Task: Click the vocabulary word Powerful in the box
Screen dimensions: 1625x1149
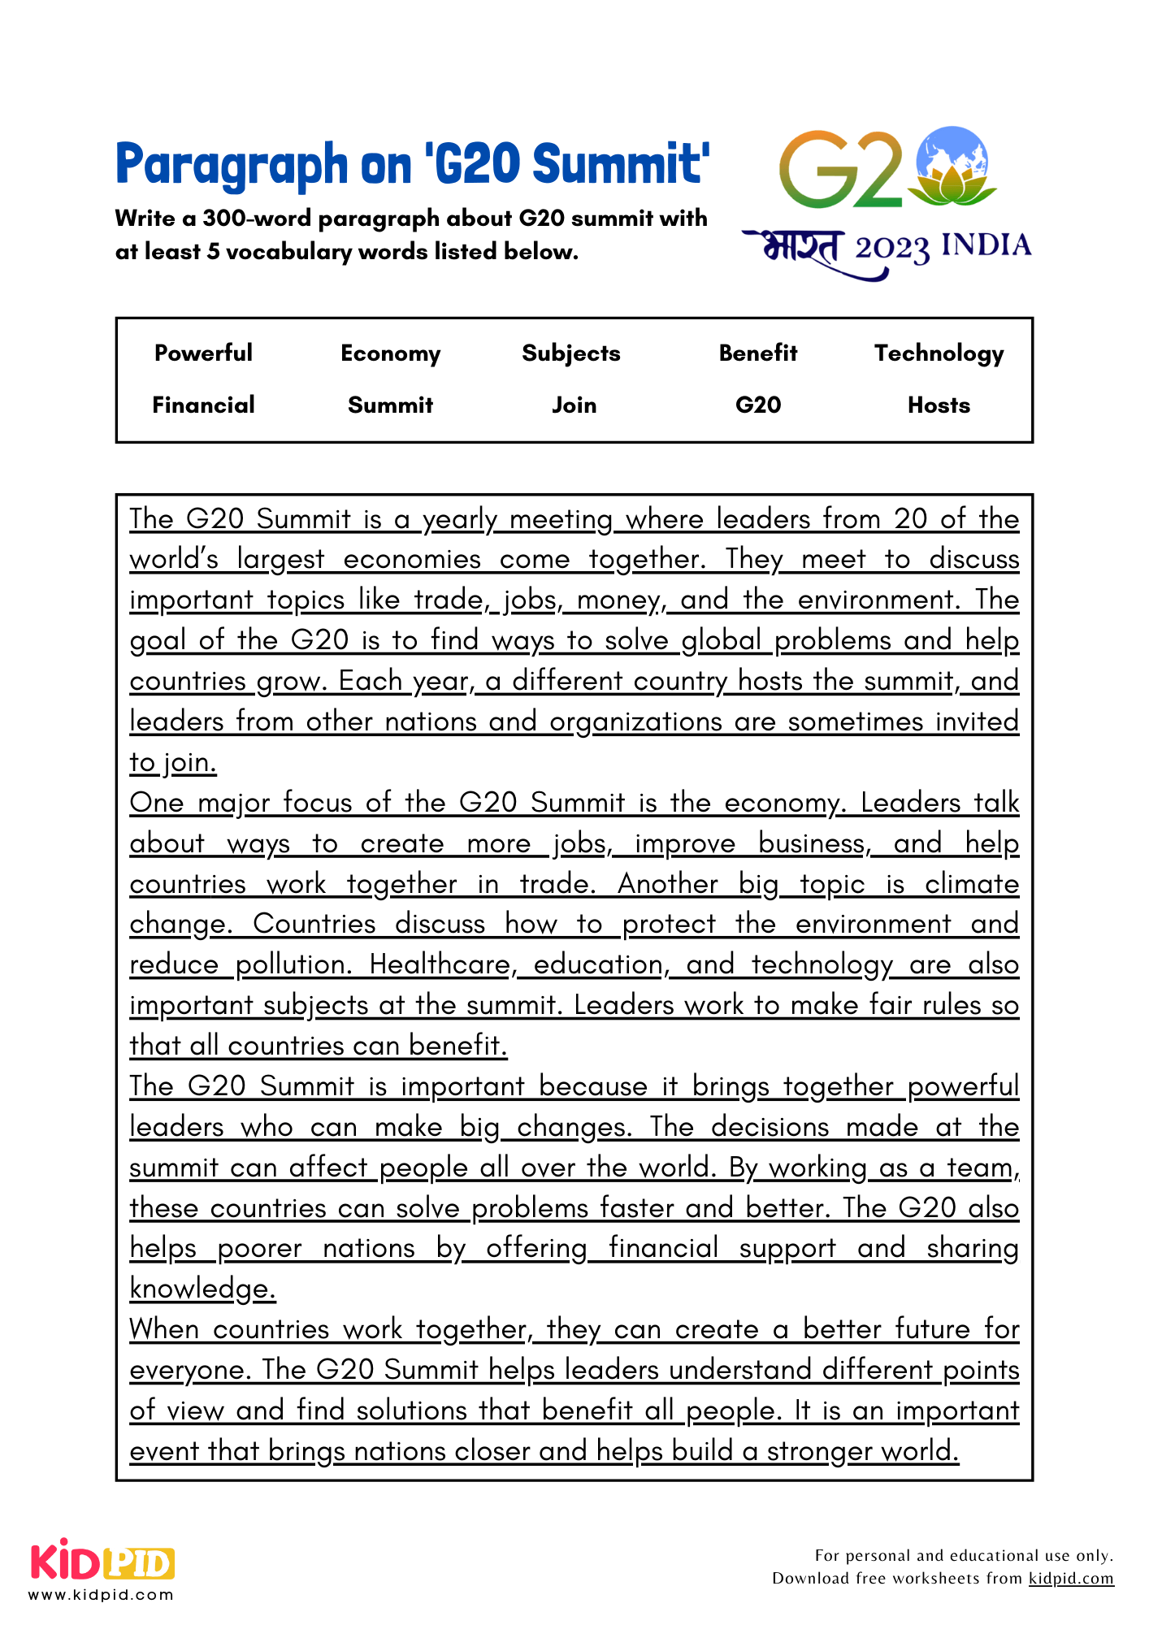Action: coord(203,353)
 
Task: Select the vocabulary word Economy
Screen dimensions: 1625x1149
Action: coord(390,353)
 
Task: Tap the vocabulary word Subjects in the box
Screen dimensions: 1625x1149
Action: coord(570,353)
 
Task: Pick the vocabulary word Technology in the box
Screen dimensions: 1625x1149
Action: coord(939,353)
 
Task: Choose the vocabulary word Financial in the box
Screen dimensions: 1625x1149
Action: coord(203,405)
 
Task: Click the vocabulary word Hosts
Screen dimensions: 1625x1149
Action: coord(939,405)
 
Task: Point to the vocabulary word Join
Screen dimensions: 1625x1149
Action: coord(574,405)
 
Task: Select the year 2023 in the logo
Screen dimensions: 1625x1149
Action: coord(891,248)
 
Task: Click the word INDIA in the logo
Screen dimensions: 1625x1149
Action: coord(986,245)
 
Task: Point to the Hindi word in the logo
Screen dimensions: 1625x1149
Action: coord(800,246)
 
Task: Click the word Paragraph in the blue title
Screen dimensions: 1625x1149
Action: coord(232,164)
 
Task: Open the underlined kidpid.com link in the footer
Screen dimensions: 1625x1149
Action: coord(1071,1578)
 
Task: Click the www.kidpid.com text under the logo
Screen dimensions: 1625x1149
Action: coord(102,1594)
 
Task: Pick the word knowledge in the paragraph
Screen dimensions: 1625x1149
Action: coord(202,1289)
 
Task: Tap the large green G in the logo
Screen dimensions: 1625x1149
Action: coord(817,171)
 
